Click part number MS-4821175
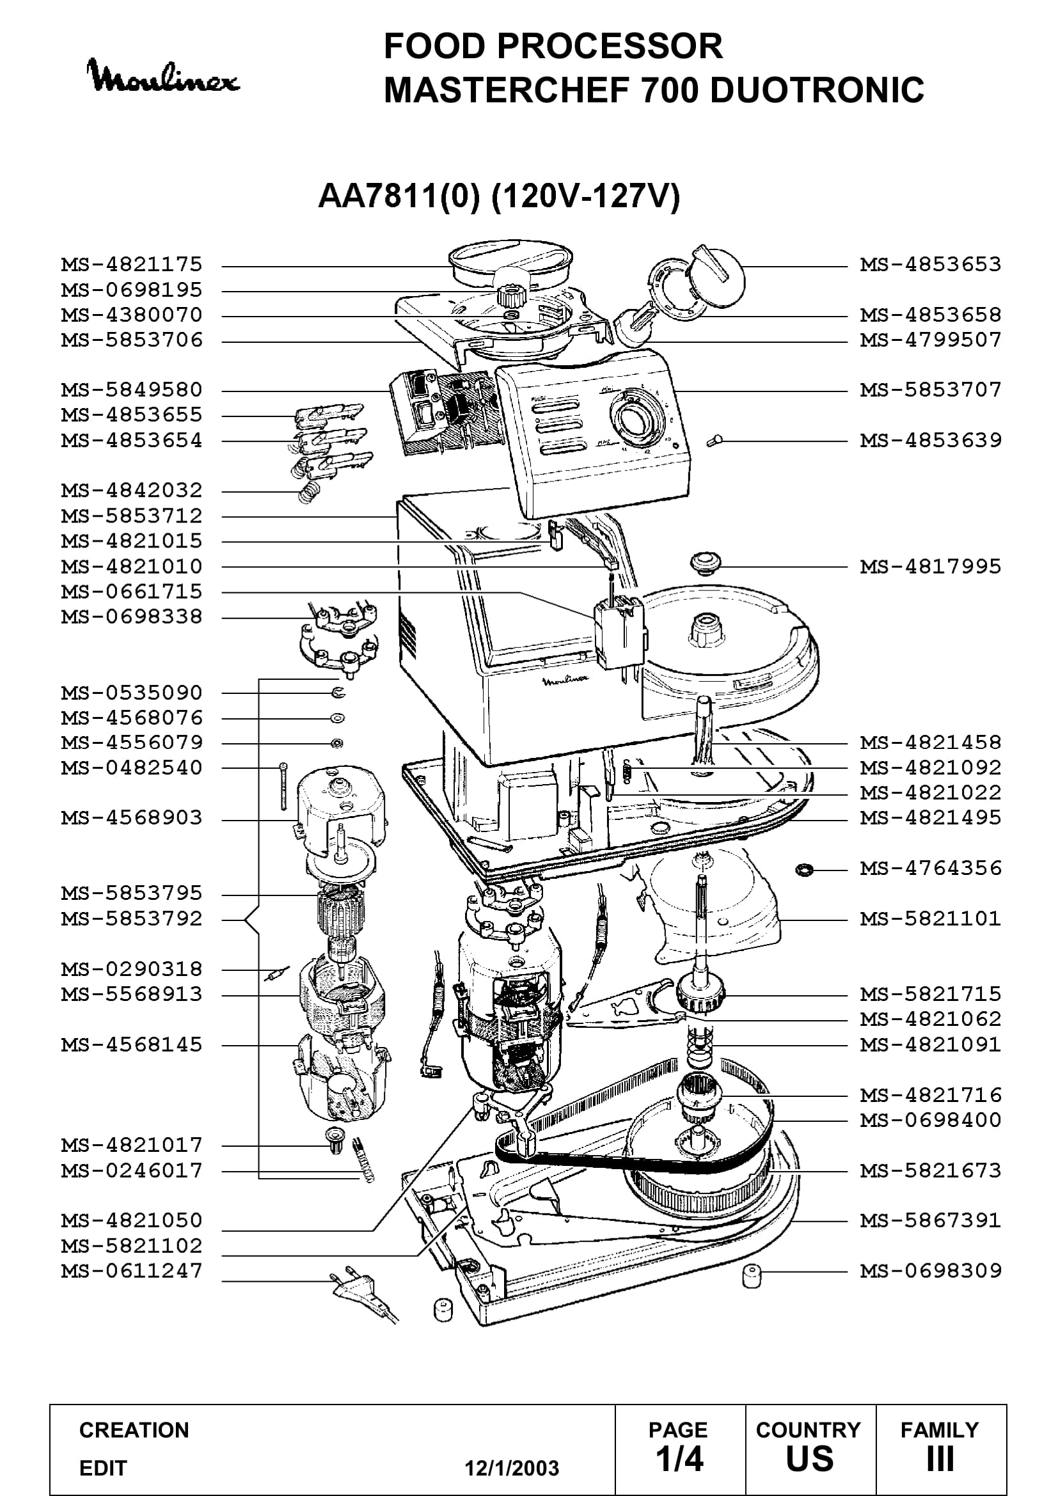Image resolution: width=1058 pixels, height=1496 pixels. (132, 265)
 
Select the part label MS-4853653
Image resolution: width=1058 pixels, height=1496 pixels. (930, 265)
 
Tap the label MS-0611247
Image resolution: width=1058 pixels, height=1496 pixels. (132, 1271)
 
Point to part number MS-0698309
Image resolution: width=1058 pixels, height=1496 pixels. (930, 1271)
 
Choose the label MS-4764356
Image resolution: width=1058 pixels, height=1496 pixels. (930, 868)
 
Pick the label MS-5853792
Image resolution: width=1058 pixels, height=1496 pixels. (132, 918)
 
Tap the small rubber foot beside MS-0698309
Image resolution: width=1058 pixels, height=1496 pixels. (752, 1276)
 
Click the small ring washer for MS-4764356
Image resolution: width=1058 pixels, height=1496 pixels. (805, 869)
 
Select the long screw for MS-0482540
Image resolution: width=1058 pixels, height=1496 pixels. (283, 787)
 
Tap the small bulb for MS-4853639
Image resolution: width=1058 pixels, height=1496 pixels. (715, 441)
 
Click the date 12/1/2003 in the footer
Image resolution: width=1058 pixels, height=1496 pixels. (512, 1468)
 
